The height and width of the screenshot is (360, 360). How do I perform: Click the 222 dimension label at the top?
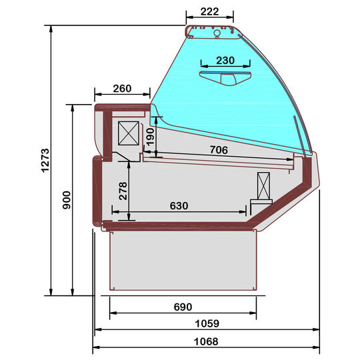[x=209, y=9]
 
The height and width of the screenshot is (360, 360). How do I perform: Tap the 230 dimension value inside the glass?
[x=225, y=61]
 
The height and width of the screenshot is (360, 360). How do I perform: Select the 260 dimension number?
[x=122, y=89]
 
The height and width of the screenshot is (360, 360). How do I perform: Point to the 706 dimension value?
[x=219, y=150]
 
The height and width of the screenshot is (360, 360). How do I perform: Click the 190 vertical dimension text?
[x=150, y=137]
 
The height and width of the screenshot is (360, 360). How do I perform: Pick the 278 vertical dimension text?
[x=123, y=191]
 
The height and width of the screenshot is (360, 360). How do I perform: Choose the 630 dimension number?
[x=179, y=205]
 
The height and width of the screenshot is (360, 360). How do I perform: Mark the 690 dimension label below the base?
[x=183, y=307]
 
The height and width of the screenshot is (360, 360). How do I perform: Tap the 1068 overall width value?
[x=207, y=341]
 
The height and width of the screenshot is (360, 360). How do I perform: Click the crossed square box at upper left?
[x=129, y=133]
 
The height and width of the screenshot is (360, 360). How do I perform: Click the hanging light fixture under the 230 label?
[x=225, y=78]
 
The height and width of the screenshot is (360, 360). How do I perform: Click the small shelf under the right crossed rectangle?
[x=261, y=201]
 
